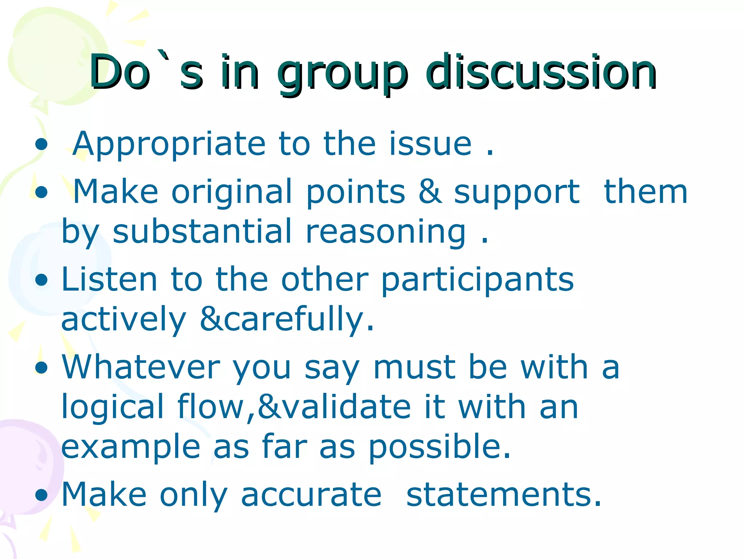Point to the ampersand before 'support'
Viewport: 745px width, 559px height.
[x=430, y=192]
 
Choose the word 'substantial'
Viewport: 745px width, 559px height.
[x=202, y=231]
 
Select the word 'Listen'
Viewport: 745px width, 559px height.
[x=109, y=279]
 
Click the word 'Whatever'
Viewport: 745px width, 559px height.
[x=141, y=367]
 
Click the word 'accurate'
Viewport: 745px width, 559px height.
[x=311, y=495]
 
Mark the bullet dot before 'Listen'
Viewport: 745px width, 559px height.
[x=42, y=280]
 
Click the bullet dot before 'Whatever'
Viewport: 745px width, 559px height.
[x=42, y=368]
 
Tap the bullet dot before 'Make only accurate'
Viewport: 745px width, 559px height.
[x=42, y=495]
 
